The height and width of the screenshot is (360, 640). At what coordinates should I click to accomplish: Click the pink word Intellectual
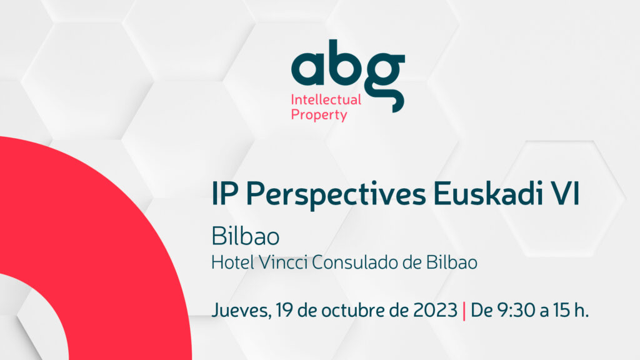pyautogui.click(x=326, y=99)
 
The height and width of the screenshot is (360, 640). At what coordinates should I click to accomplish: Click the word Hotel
pyautogui.click(x=229, y=262)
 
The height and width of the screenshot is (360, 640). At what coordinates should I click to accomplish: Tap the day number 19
pyautogui.click(x=281, y=310)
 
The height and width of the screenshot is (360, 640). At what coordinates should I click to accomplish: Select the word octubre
pyautogui.click(x=348, y=310)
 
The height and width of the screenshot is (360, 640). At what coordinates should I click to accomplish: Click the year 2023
pyautogui.click(x=435, y=310)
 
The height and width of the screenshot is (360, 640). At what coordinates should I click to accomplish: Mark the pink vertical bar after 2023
pyautogui.click(x=463, y=311)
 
